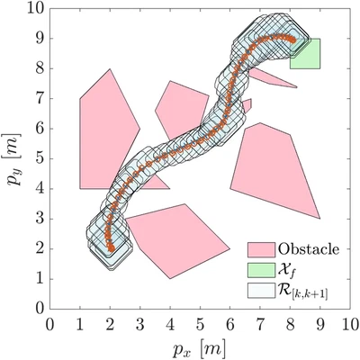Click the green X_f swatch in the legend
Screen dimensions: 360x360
coord(261,268)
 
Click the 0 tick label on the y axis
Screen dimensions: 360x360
coord(40,308)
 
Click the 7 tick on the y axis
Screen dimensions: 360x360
coord(40,98)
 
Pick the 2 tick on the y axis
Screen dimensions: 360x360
coord(40,248)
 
